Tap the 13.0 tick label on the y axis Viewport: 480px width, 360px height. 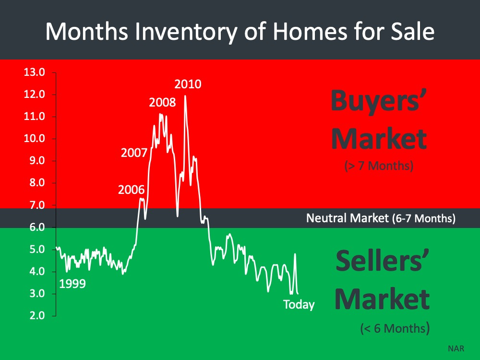click(x=34, y=72)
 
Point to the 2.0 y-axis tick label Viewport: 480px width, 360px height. click(x=37, y=315)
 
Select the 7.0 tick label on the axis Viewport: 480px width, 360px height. click(x=37, y=205)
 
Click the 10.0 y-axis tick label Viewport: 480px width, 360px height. click(x=34, y=138)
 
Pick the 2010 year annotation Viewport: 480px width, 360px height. click(x=188, y=84)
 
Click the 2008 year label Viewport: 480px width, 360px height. click(x=162, y=102)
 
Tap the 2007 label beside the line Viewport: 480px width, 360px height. click(x=134, y=153)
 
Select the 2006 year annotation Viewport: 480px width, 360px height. click(x=131, y=190)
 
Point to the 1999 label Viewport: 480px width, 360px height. click(x=72, y=284)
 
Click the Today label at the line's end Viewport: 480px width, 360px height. click(x=299, y=305)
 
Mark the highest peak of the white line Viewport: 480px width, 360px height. click(x=185, y=96)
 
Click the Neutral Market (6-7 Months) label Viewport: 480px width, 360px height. click(x=381, y=218)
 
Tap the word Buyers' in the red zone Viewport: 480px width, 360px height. click(x=379, y=100)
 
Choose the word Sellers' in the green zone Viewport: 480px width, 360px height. click(x=383, y=261)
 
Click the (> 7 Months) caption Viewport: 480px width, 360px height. click(x=379, y=166)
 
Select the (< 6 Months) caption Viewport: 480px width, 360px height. click(x=395, y=328)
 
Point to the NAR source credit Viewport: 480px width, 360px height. click(x=456, y=348)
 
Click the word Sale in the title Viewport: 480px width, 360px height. click(x=412, y=32)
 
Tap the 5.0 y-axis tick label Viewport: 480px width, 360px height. click(x=37, y=249)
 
